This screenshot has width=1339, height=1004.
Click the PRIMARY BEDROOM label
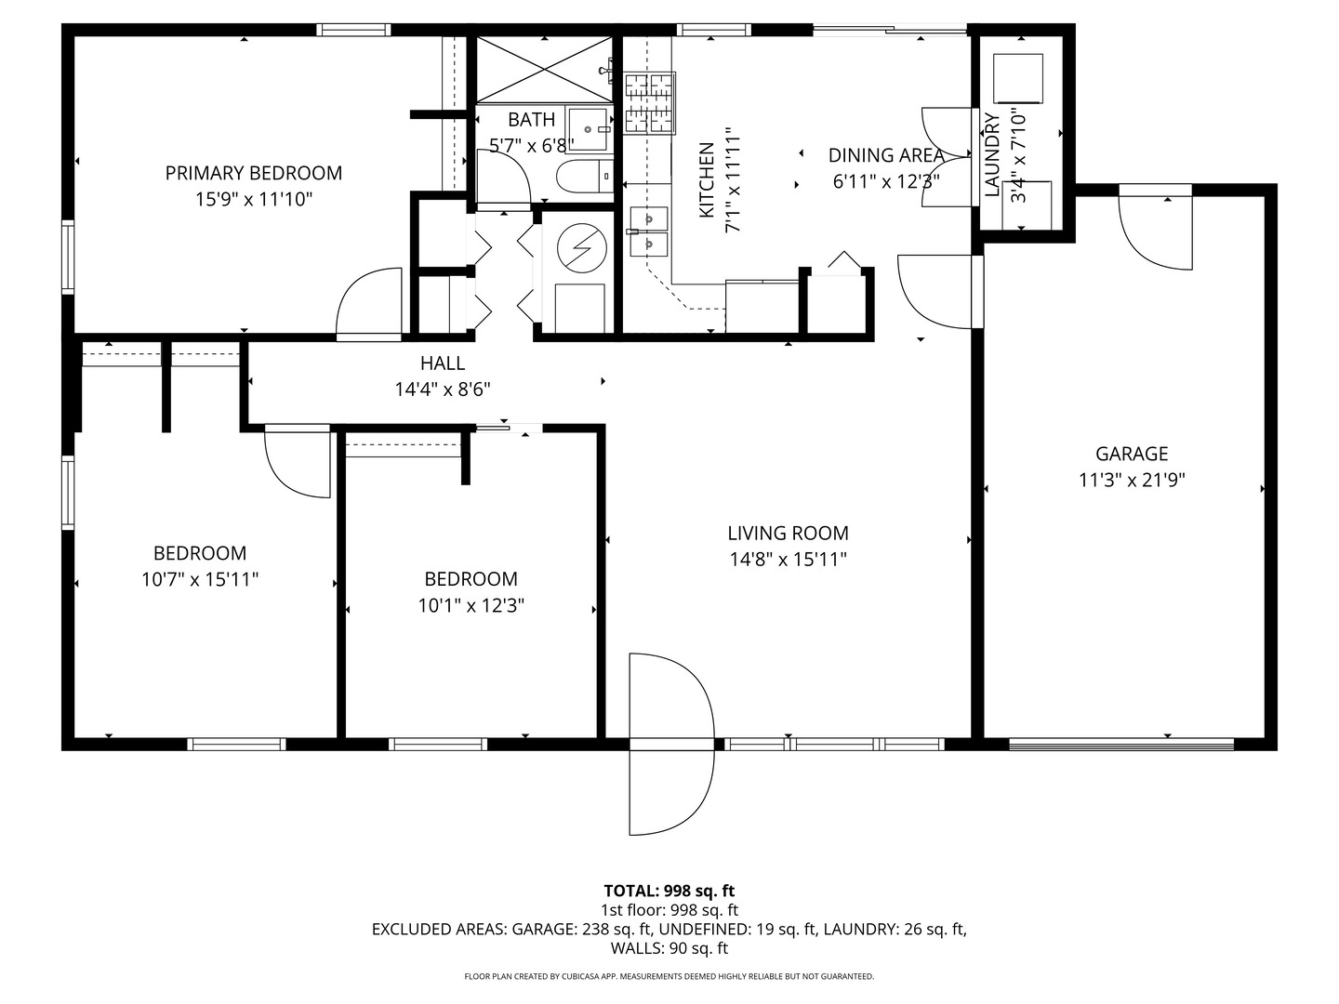[x=254, y=173]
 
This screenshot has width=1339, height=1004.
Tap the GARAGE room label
[x=1132, y=454]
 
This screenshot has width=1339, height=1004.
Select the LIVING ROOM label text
[x=789, y=534]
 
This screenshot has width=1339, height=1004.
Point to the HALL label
[x=443, y=363]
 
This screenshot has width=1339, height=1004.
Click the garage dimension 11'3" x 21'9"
[x=1132, y=481]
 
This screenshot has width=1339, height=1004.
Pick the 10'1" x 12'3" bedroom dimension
[x=471, y=606]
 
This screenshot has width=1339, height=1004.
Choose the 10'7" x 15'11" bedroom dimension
[x=200, y=579]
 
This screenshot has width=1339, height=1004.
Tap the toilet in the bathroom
[x=585, y=176]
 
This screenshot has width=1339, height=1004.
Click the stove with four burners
[x=650, y=103]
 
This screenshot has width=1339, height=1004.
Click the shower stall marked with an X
[x=544, y=70]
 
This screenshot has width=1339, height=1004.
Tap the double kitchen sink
[x=649, y=231]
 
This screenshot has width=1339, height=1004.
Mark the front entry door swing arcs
[x=671, y=744]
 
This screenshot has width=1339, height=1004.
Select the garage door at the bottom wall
[x=1121, y=745]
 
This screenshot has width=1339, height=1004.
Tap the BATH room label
[x=531, y=120]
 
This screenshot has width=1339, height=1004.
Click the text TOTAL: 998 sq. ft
[x=669, y=892]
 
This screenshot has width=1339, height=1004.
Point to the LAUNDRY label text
[x=992, y=155]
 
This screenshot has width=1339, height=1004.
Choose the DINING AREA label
[x=886, y=155]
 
